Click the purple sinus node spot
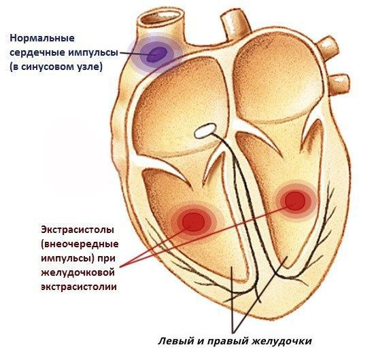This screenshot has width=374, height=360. [156, 54]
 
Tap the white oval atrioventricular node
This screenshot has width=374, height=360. [205, 131]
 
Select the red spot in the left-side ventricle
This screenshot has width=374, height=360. [193, 222]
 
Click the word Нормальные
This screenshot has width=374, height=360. [42, 38]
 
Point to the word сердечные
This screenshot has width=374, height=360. [37, 52]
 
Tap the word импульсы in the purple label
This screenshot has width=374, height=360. [94, 53]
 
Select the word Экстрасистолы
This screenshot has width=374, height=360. [78, 230]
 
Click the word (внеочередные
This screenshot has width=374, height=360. [80, 245]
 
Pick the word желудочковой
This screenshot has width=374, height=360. [78, 273]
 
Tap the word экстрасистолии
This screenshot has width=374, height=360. [79, 287]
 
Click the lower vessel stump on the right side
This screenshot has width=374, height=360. [339, 83]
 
